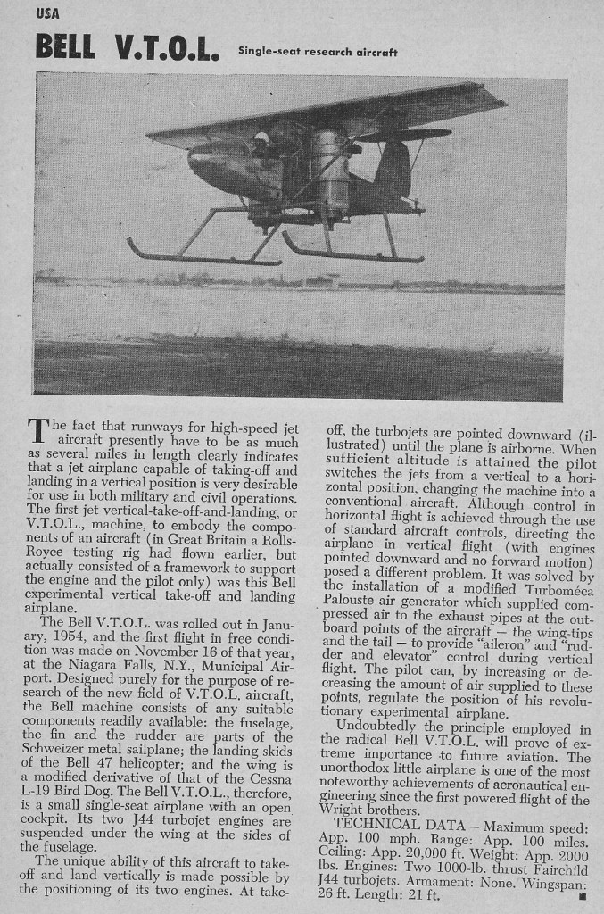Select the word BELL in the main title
[x=65, y=46]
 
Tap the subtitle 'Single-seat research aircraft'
[x=318, y=52]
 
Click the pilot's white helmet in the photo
[x=261, y=139]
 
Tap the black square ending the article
[x=582, y=894]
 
